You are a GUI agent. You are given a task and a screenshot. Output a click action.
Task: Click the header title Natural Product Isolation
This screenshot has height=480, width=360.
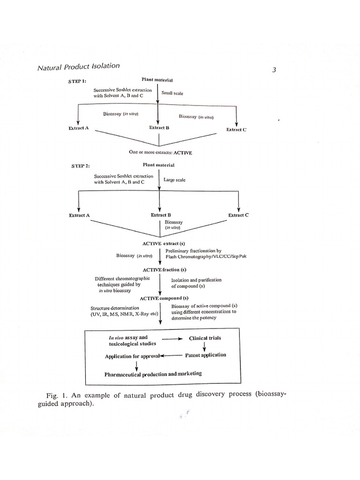(78, 67)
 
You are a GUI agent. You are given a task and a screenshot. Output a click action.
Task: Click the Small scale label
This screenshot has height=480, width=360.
(172, 93)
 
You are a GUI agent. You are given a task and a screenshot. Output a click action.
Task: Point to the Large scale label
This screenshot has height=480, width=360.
(174, 180)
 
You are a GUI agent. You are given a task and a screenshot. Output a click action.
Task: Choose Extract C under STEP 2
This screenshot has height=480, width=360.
(238, 215)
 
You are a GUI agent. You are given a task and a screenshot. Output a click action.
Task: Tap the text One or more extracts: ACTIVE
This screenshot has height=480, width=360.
(161, 152)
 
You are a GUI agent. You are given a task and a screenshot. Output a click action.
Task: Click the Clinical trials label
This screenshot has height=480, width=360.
(205, 337)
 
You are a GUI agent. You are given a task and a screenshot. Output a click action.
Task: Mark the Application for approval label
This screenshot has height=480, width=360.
(132, 356)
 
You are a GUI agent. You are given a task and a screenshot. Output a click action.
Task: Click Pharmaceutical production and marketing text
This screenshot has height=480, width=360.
(153, 374)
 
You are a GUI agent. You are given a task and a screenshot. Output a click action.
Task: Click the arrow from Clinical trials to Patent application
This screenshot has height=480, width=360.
(205, 346)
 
